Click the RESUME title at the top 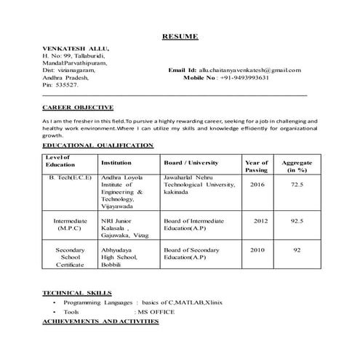[x=180, y=36]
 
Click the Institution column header [x=116, y=162]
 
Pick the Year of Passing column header [x=257, y=167]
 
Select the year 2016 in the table [x=257, y=185]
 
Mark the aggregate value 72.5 [x=297, y=185]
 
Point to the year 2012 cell [x=260, y=220]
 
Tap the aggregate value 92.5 [x=297, y=220]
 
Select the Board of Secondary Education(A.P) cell [x=190, y=253]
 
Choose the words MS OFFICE [x=166, y=311]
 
